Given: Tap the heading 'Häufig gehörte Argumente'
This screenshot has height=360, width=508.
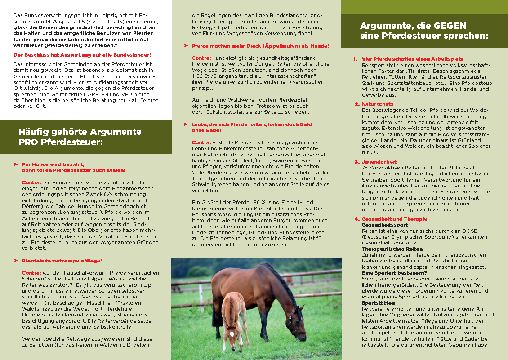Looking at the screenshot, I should coord(80,132).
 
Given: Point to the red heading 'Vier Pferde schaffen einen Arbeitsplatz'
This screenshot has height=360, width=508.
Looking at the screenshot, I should coord(413,59).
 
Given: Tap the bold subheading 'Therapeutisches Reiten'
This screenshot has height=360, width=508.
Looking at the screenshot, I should coord(392,249).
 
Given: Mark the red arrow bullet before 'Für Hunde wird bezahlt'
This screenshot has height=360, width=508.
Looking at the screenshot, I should coord(16,165).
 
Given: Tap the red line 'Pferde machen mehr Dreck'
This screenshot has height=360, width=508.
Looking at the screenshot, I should coord(260,46).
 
